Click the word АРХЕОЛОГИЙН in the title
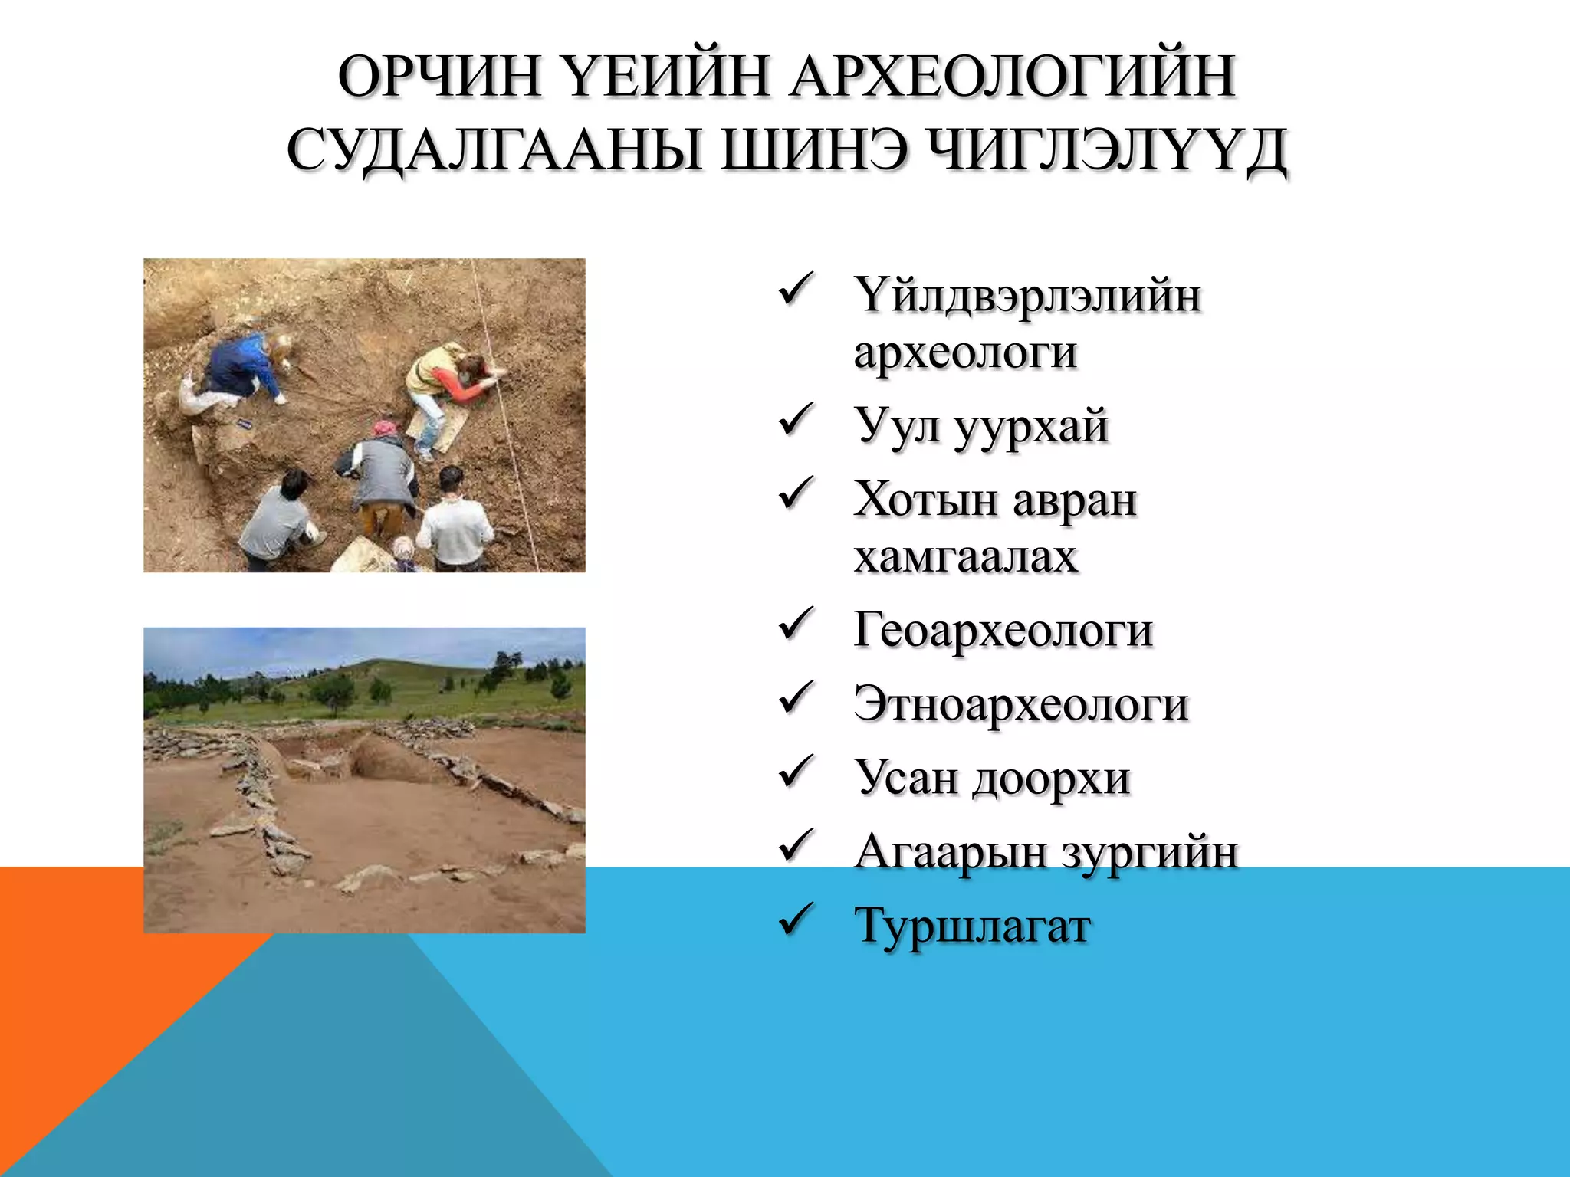click(1012, 77)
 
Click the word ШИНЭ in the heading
click(814, 150)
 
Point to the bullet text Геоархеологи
click(1003, 630)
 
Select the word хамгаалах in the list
click(966, 556)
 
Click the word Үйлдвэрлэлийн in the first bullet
click(1027, 295)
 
